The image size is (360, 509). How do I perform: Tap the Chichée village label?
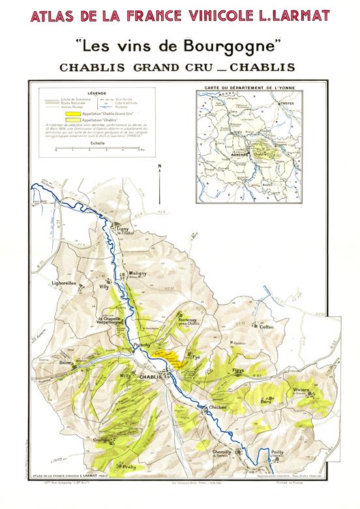point(217,407)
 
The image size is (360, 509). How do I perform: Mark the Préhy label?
point(129,467)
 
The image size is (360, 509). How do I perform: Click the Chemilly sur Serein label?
point(222,453)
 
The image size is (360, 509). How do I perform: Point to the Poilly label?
point(278,451)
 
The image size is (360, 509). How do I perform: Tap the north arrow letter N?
point(159,166)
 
